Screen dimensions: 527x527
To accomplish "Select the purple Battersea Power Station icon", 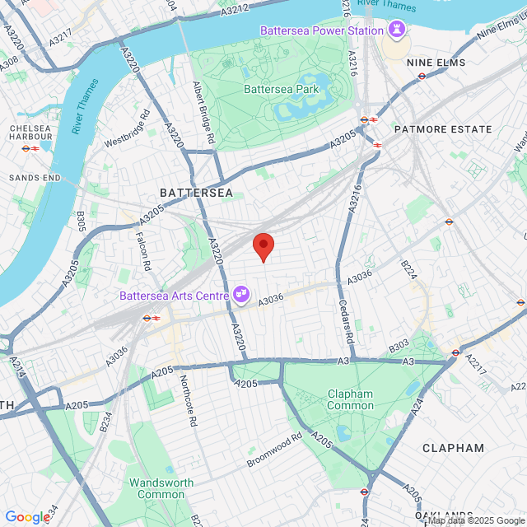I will [x=398, y=30].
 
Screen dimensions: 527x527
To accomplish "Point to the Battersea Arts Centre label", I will [x=175, y=294].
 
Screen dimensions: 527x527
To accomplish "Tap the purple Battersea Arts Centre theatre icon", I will [x=241, y=293].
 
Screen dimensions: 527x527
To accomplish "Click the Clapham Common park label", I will [x=350, y=399].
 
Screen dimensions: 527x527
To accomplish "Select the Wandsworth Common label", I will [x=161, y=488].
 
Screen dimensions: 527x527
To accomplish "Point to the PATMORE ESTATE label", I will [x=443, y=129].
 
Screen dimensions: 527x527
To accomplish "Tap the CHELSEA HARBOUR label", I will [x=31, y=133].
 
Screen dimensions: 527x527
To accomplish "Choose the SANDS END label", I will [x=35, y=178].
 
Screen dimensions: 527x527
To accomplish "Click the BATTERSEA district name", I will [x=196, y=193].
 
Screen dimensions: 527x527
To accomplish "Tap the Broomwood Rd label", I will [x=275, y=450].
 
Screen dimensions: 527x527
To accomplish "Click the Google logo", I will [x=27, y=516].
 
